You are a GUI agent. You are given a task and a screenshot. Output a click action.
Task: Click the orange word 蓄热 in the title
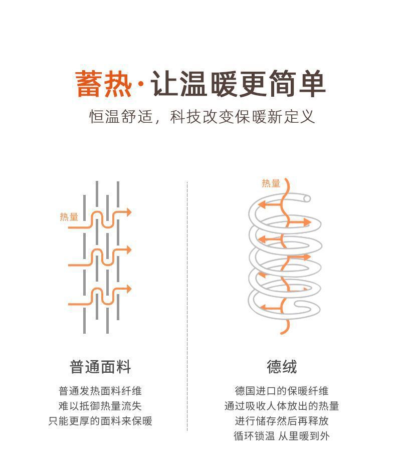point(103,84)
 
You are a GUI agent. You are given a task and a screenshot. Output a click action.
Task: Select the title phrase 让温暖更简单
point(238,84)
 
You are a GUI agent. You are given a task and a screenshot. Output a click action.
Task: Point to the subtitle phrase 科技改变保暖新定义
point(243,117)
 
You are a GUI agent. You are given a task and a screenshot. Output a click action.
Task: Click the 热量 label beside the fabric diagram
point(69,217)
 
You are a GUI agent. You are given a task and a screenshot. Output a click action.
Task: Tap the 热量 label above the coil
point(271,183)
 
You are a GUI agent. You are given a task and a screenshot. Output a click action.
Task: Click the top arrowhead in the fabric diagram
point(128,212)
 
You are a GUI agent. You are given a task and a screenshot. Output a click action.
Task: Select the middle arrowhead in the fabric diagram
point(128,250)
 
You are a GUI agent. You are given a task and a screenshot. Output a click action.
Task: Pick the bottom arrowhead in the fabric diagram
point(128,289)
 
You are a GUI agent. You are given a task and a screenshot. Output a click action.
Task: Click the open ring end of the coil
point(307,198)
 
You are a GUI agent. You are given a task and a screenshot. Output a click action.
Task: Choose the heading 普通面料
point(100,367)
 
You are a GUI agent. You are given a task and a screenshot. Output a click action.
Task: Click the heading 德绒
point(282,367)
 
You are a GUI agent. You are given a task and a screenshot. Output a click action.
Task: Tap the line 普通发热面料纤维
point(100,391)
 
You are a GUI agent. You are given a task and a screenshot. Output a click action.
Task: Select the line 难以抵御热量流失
point(100,406)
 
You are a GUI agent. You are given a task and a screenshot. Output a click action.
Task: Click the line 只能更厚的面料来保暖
point(100,421)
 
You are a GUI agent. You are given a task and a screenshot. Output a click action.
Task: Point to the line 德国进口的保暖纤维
point(282,391)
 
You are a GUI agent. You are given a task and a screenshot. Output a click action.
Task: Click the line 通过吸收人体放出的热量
point(282,406)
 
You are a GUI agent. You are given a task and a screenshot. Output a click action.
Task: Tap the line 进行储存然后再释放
point(282,421)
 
